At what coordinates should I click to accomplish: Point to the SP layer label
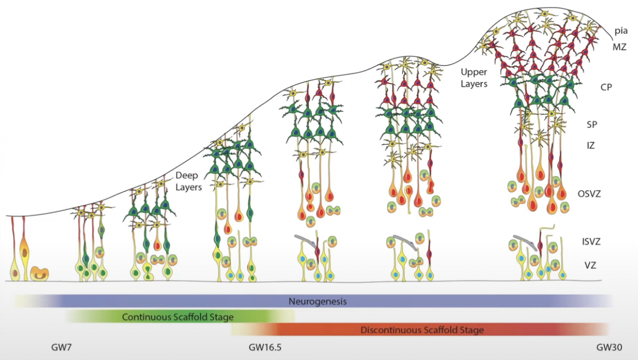[591, 124]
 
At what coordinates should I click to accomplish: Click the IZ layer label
[590, 145]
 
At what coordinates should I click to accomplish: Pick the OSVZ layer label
[589, 193]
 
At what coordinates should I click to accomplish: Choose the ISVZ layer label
[590, 241]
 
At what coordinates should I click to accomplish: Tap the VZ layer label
[590, 264]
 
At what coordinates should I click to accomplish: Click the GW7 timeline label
[61, 347]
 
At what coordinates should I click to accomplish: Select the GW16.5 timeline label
[265, 347]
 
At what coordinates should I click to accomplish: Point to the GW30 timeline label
[610, 347]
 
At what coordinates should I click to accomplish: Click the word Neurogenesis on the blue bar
[317, 302]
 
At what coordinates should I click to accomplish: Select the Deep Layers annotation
[188, 182]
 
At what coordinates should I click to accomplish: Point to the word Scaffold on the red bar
[446, 330]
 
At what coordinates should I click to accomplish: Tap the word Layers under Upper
[474, 84]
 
